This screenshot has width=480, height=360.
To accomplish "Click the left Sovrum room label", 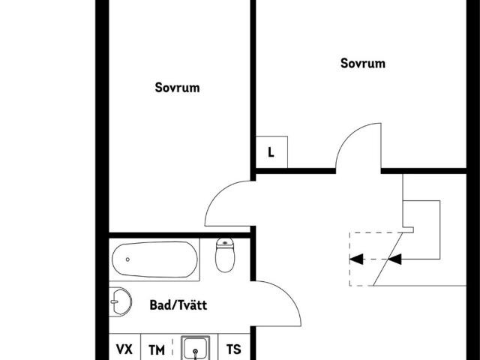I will tap(177, 88).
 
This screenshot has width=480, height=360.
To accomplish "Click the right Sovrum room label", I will tap(363, 64).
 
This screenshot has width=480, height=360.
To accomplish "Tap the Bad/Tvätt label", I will tap(178, 305).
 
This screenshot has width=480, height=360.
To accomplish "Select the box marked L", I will tap(271, 152).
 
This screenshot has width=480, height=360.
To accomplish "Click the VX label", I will tap(124, 349).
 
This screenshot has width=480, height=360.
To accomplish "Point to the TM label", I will tap(156, 349).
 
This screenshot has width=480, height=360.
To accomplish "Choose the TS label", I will tap(234, 349).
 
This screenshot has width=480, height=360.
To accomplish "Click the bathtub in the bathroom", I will tap(156, 260).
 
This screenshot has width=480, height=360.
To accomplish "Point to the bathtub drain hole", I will tap(127, 259).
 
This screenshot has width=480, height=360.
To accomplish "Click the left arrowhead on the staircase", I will tap(357, 260).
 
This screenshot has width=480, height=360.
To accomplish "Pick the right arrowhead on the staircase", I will tap(394, 260).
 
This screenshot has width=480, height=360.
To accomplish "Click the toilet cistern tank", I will tap(225, 243).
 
